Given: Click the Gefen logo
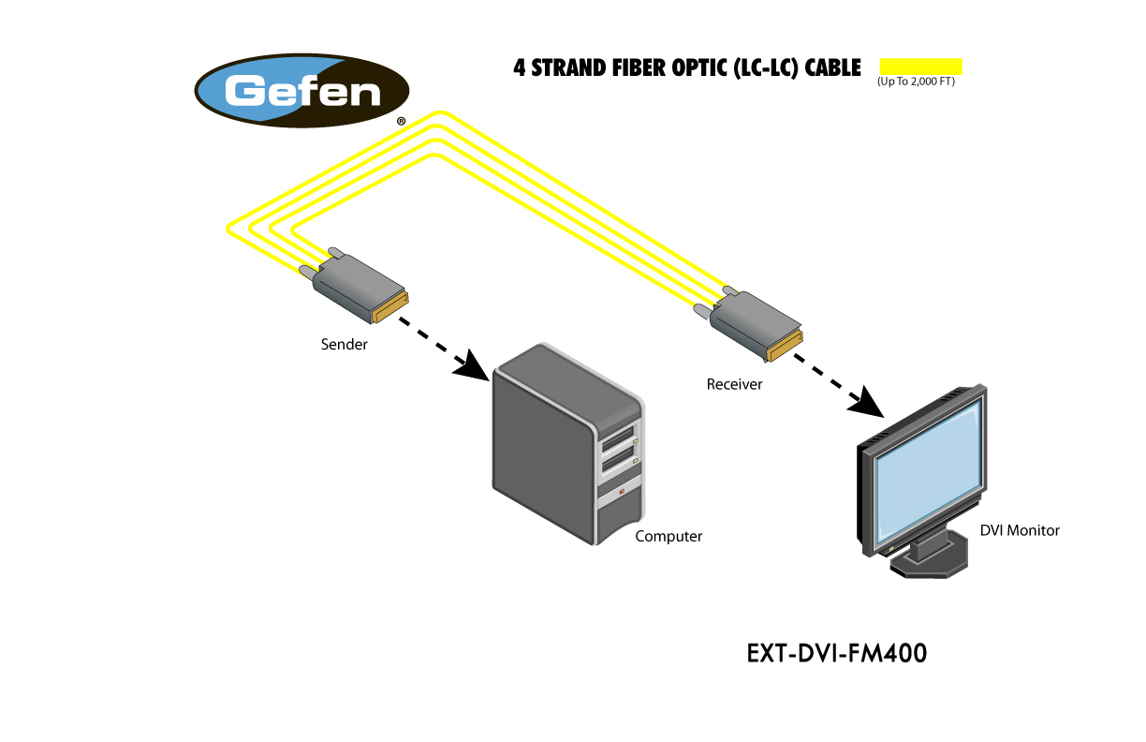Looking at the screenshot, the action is [x=301, y=91].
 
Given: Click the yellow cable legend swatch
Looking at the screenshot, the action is [x=920, y=67].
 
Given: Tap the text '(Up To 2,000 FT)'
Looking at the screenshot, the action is [x=916, y=82].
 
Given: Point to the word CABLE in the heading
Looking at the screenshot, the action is [x=833, y=68].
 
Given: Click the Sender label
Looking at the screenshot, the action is [x=344, y=344].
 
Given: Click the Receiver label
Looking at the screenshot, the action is [x=734, y=384].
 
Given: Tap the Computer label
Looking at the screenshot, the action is [x=668, y=536].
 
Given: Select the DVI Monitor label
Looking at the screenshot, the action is [x=1019, y=530].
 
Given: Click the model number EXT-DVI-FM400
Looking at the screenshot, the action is [x=836, y=653].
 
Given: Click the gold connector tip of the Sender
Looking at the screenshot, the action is [x=390, y=306].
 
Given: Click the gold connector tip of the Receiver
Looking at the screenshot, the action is [x=786, y=346].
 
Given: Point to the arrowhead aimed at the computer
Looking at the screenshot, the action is [x=473, y=366].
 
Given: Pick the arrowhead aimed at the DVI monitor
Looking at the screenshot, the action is [x=867, y=402].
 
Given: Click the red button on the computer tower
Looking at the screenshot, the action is [x=622, y=492].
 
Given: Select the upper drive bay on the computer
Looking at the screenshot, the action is [x=619, y=439].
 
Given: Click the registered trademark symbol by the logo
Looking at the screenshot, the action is [x=401, y=121].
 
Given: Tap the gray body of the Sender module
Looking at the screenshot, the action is [x=358, y=287].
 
